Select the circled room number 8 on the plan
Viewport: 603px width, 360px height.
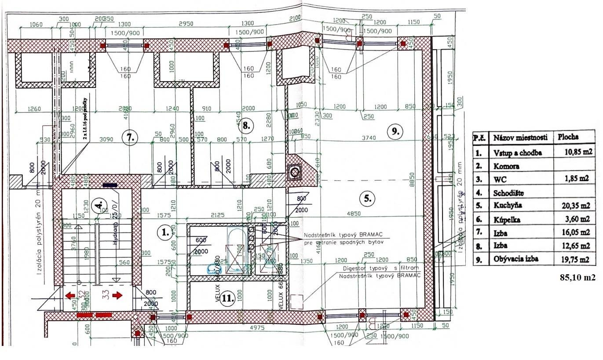coord(246,126)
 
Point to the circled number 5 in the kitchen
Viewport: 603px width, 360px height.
coord(368,198)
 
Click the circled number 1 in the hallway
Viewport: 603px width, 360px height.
coord(164,232)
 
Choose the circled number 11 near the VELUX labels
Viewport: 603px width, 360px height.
coord(227,299)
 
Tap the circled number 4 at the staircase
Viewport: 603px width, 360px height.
coord(99,205)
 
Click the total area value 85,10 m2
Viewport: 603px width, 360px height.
coord(577,277)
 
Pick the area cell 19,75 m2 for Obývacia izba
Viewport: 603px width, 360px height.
coord(574,259)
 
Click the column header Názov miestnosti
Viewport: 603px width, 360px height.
coord(520,138)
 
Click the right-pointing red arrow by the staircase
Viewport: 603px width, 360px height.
coord(117,295)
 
